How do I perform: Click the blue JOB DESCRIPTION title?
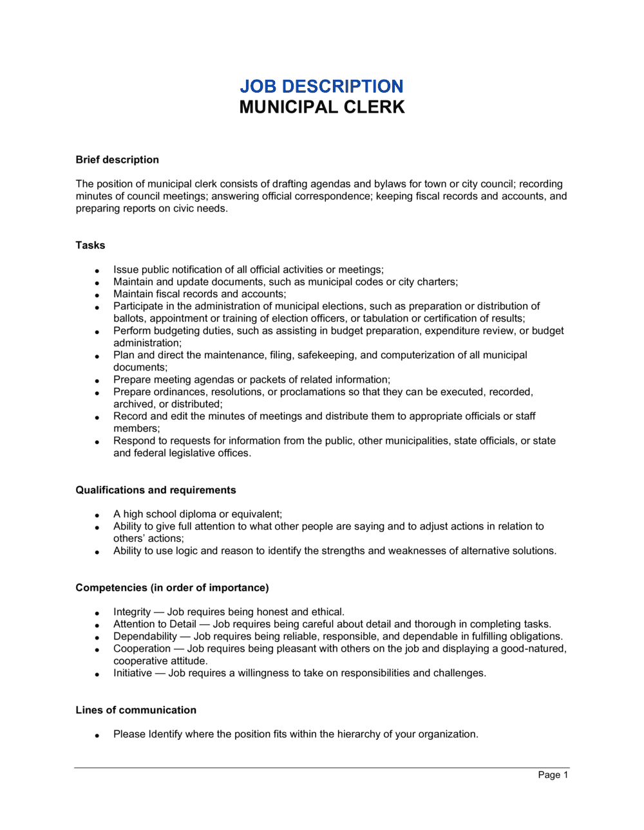(x=321, y=86)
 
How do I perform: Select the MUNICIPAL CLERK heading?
(x=322, y=107)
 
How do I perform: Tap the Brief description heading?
(x=117, y=160)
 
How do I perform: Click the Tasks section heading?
(x=90, y=245)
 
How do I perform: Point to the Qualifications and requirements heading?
(x=156, y=490)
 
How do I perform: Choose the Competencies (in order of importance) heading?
(x=172, y=587)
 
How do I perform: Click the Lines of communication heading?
(x=136, y=710)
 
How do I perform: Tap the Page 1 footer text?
(x=553, y=775)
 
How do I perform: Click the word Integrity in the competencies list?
(x=132, y=612)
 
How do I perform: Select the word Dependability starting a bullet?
(x=145, y=636)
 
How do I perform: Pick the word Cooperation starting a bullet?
(x=142, y=649)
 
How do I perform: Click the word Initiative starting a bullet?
(x=133, y=673)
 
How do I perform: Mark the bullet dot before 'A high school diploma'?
(x=97, y=515)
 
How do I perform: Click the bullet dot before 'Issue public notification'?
(x=97, y=271)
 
